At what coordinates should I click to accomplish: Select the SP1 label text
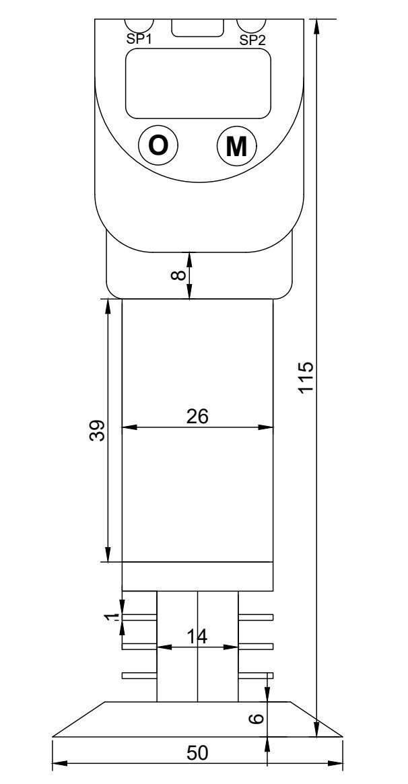click(139, 39)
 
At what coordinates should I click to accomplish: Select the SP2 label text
click(252, 40)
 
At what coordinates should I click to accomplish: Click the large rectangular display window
click(198, 83)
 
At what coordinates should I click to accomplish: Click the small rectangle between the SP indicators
click(197, 28)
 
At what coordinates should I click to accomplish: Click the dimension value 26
click(197, 417)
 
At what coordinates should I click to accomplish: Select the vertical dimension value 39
click(98, 431)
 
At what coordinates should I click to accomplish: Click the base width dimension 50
click(197, 754)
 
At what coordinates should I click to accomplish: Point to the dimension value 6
click(255, 719)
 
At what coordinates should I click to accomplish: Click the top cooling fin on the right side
click(256, 617)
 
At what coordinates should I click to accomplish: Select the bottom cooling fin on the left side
click(139, 675)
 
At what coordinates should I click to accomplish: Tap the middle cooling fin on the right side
click(256, 646)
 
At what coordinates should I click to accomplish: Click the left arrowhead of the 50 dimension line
click(57, 763)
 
